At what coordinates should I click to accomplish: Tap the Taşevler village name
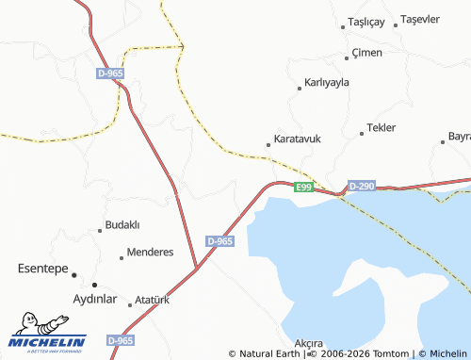[420, 20]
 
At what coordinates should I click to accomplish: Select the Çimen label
[366, 53]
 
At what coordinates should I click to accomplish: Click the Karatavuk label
[297, 139]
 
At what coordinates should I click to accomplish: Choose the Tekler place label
[382, 127]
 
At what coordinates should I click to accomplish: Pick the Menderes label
[151, 253]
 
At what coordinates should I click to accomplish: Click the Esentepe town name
[43, 270]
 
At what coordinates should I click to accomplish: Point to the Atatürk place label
[152, 301]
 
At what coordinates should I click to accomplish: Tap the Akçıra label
[309, 343]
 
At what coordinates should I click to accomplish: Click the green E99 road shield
[302, 188]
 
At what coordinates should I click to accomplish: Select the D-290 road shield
[361, 187]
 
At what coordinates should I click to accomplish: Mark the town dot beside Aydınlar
[94, 285]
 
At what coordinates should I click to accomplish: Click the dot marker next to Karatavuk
[268, 145]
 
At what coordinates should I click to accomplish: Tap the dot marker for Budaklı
[100, 230]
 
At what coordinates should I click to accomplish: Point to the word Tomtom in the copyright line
[393, 353]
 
